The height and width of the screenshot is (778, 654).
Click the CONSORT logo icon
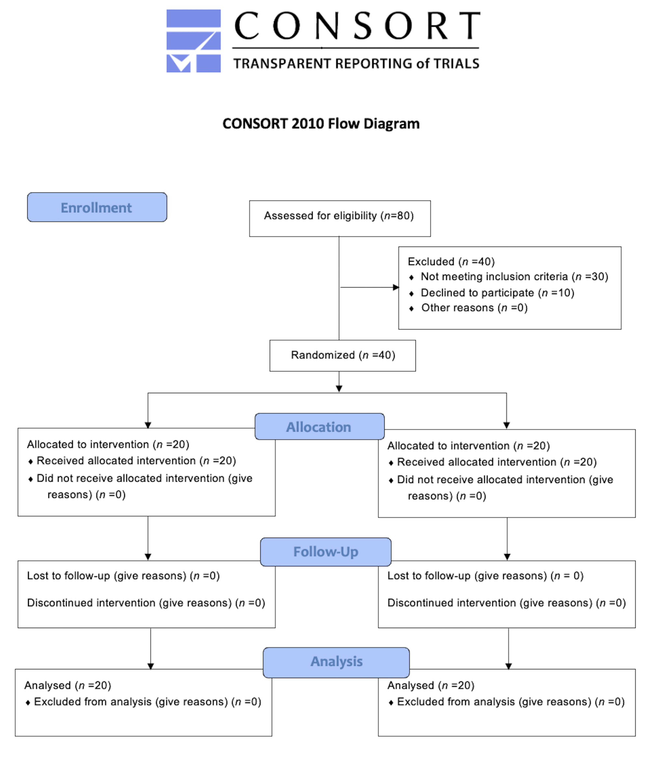[x=194, y=41]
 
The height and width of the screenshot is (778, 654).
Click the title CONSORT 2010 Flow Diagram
[x=321, y=123]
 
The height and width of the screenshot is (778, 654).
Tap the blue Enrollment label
[x=97, y=207]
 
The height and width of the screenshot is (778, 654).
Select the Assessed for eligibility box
[x=340, y=219]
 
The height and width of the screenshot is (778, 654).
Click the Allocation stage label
[x=320, y=427]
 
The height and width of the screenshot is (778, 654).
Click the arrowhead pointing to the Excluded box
[x=396, y=287]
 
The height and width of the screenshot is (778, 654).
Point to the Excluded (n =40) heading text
[x=451, y=262]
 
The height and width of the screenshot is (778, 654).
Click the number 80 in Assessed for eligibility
[x=403, y=216]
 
